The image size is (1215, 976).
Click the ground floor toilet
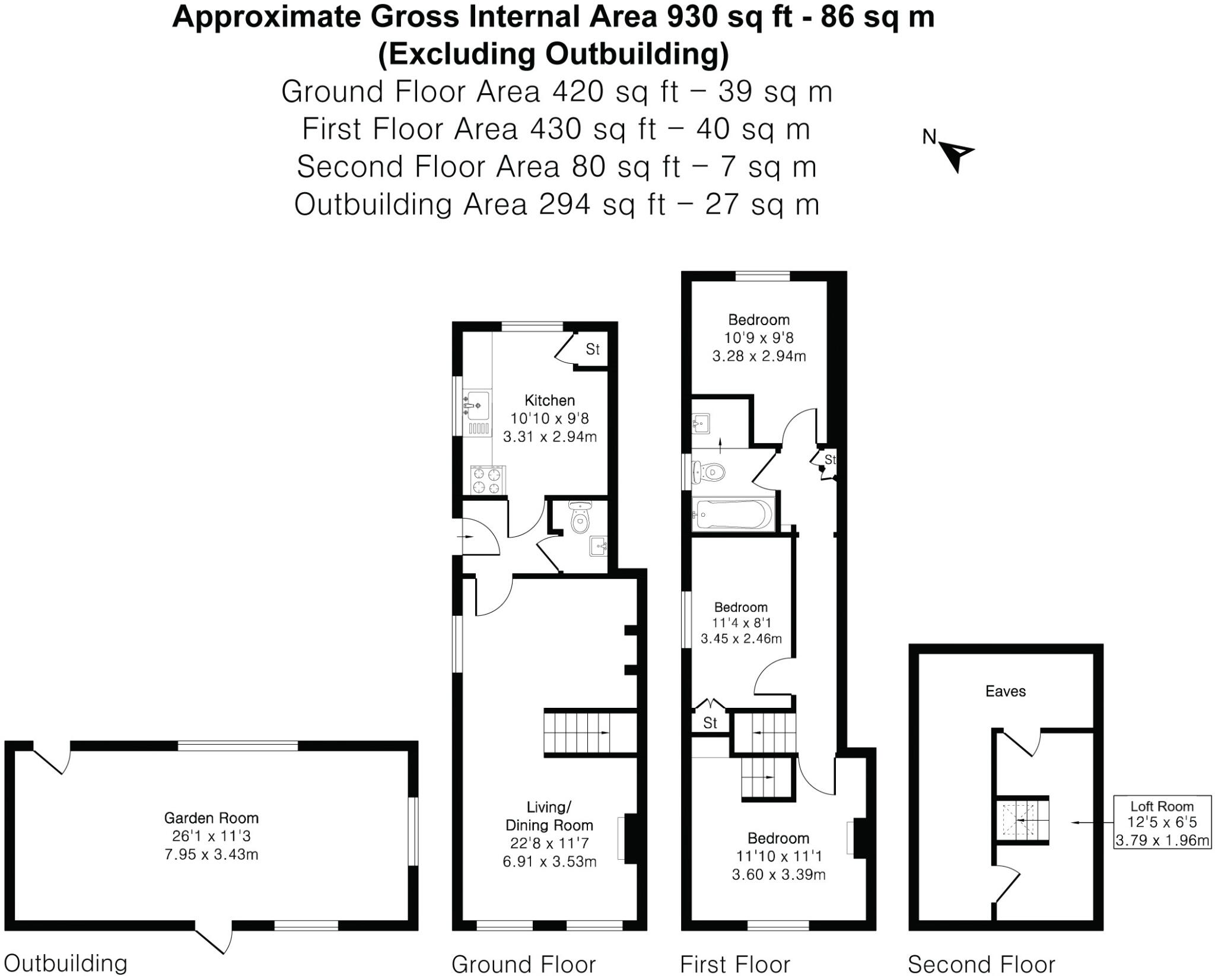tap(580, 519)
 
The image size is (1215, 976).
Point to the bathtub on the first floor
tap(733, 514)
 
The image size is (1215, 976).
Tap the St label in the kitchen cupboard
tap(593, 349)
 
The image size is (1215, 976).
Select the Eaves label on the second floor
tap(1005, 691)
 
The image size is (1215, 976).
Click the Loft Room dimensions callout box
tap(1162, 822)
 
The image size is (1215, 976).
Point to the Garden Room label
tap(211, 818)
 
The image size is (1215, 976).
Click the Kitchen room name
tap(549, 400)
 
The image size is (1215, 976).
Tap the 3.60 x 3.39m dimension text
tap(778, 875)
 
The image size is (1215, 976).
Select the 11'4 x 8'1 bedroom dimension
tap(741, 623)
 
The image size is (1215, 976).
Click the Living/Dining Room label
tap(549, 816)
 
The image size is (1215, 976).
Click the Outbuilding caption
tap(65, 962)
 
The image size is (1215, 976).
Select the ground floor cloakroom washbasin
tap(598, 545)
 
